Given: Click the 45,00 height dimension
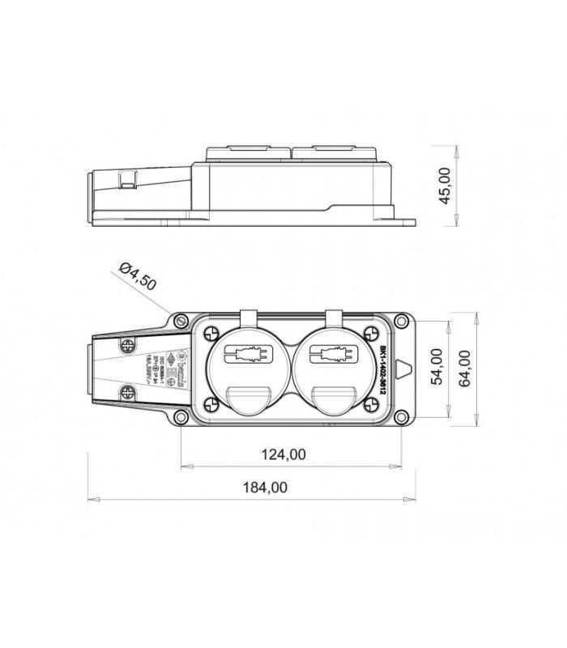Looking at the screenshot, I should click(x=444, y=185).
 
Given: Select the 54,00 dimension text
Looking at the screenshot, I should click(x=436, y=367).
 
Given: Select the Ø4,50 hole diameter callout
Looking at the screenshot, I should click(x=137, y=276).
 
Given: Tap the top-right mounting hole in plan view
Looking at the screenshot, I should click(x=402, y=321).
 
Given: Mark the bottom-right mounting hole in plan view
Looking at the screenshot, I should click(x=402, y=418).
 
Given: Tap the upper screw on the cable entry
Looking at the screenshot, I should click(x=127, y=346).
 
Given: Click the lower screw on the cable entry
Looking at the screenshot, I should click(x=127, y=394).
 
